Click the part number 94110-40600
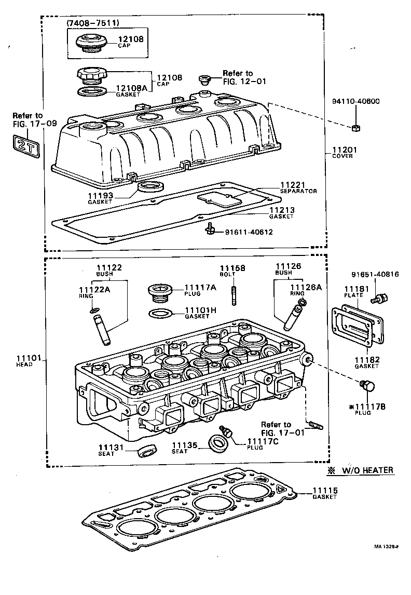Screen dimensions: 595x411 [355, 101]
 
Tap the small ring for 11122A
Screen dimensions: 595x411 [93, 311]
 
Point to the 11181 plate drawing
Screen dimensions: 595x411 [354, 330]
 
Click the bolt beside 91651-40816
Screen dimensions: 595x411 [378, 299]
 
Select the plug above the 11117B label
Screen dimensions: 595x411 [367, 386]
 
